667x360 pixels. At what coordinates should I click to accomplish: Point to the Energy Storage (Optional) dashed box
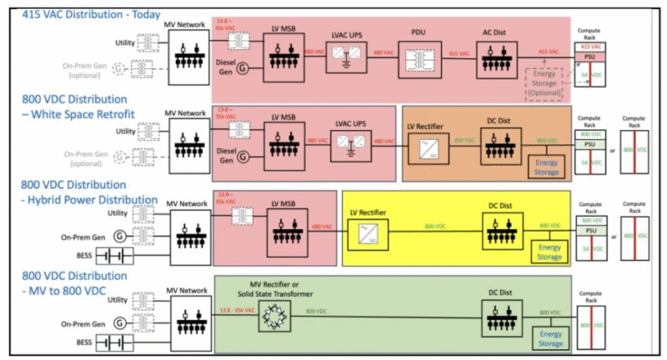pyautogui.click(x=544, y=82)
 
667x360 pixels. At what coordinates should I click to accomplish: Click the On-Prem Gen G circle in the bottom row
pyautogui.click(x=120, y=322)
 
